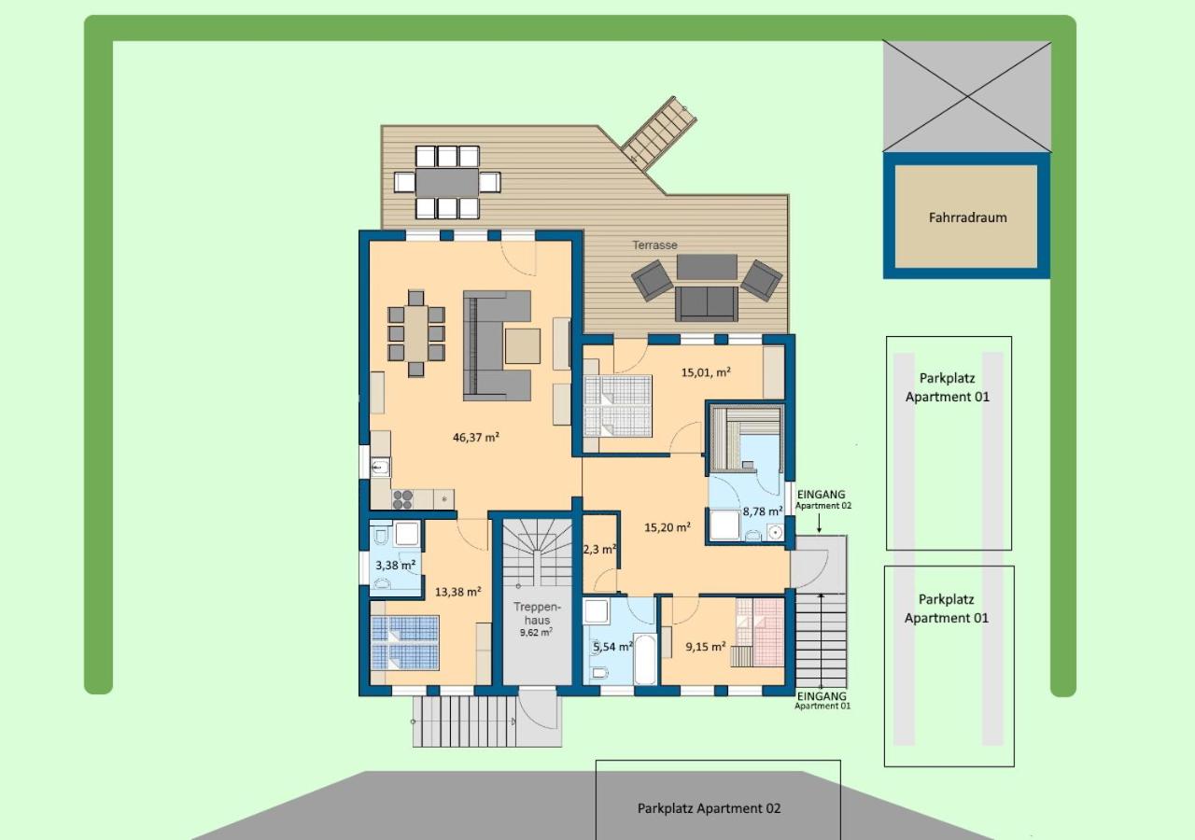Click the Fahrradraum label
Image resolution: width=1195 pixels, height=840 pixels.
coord(968,217)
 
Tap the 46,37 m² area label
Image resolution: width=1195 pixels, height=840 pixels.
coord(476,438)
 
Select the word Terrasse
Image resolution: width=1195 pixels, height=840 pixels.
coord(654,245)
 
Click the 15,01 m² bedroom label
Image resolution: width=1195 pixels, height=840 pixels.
coord(706,372)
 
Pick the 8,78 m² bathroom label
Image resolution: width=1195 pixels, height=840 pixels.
coord(763,511)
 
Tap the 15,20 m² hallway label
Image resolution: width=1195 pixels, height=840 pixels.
coord(668,527)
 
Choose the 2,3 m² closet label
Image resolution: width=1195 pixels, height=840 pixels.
coord(600,550)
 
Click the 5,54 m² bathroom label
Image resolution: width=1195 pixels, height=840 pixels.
coord(613,647)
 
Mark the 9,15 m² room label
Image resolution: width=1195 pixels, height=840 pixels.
coord(705,647)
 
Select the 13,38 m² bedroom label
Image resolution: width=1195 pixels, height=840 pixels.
coord(458,592)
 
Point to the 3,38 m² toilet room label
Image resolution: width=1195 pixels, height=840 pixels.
coord(395,565)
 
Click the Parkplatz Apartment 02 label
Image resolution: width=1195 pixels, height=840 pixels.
coord(709,808)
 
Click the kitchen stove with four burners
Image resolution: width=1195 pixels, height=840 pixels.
coord(402,499)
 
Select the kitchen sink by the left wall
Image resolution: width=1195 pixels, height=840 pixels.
coord(380,468)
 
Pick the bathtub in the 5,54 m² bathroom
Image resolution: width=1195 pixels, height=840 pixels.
coord(645,659)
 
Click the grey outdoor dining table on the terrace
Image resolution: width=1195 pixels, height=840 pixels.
coord(447,182)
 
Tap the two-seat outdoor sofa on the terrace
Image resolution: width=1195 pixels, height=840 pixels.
coord(707,304)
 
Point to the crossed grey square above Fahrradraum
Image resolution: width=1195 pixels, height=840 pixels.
coord(967,96)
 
